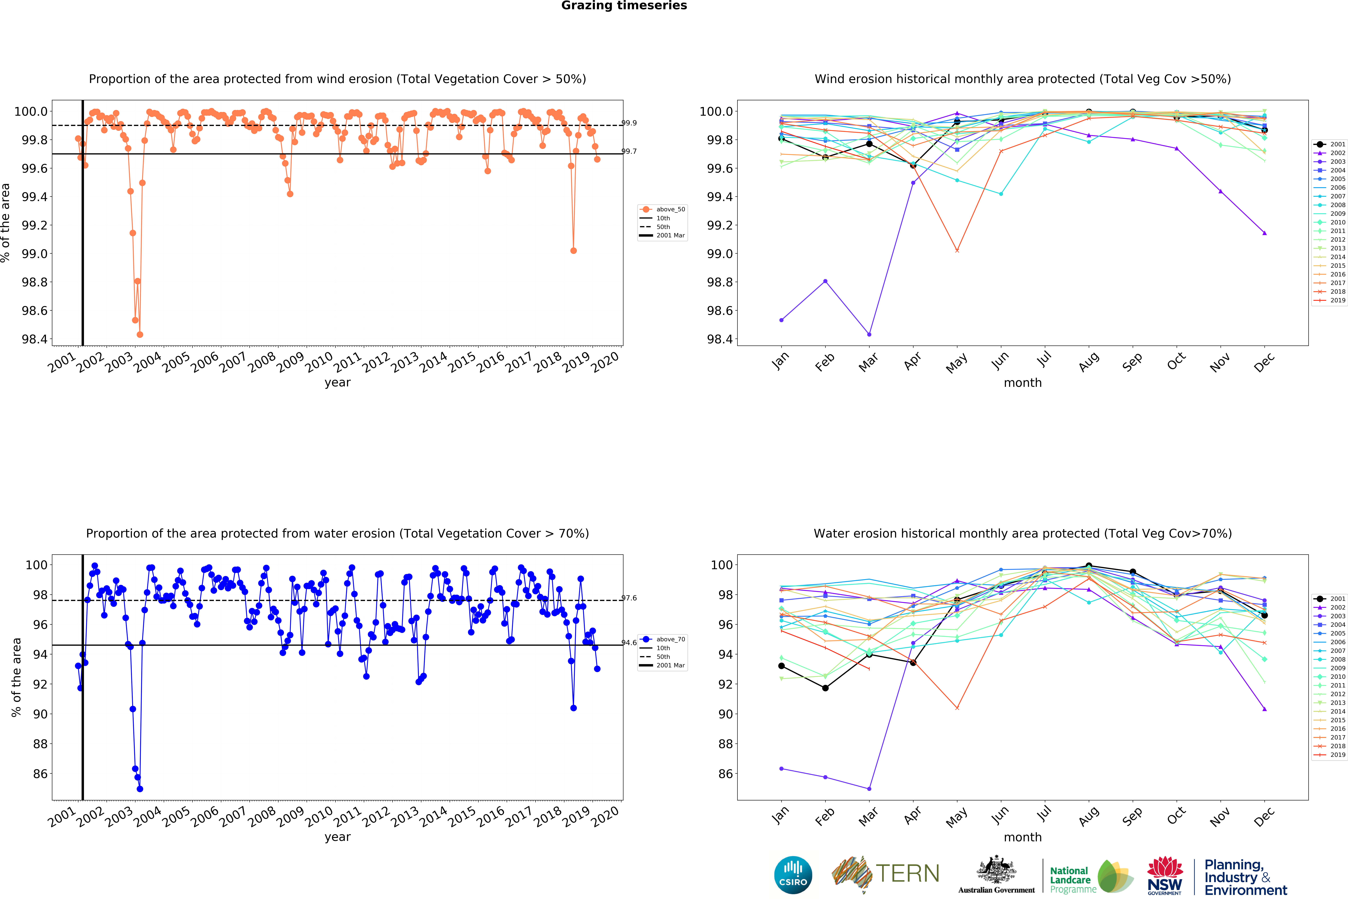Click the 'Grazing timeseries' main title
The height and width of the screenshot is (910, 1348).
624,6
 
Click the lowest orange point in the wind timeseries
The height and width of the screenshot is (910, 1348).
140,334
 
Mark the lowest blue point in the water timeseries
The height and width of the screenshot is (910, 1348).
140,789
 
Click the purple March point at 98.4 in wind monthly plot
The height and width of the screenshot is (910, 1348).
869,334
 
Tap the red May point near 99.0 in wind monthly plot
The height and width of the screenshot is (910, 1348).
957,250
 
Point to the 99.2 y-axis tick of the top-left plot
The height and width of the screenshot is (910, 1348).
35,226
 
